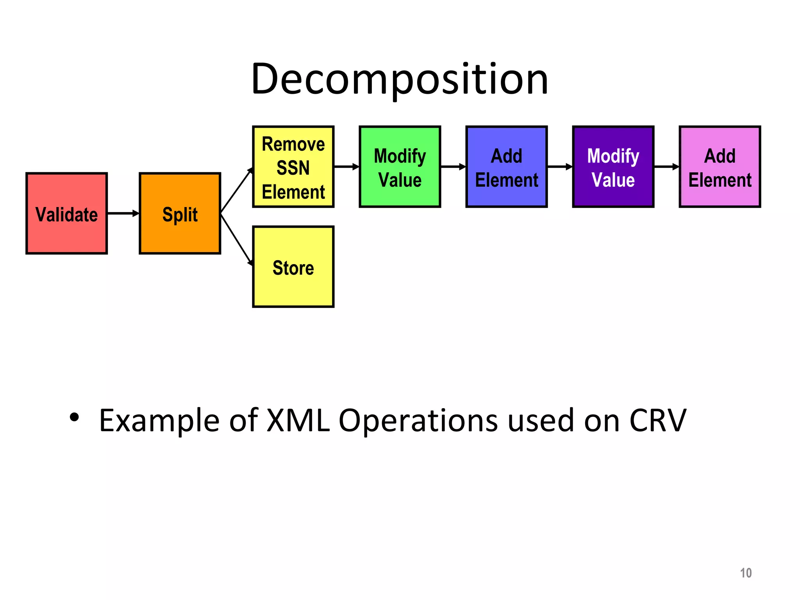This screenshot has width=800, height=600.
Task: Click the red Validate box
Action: (66, 213)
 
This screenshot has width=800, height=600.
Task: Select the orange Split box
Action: (180, 213)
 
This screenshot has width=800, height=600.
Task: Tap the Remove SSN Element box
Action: (293, 167)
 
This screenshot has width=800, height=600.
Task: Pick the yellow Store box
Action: (293, 267)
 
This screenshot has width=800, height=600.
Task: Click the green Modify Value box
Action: (400, 167)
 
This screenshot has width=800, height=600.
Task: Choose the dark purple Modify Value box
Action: (613, 167)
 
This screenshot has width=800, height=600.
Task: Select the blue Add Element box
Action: (506, 167)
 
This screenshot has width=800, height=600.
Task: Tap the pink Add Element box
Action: (720, 167)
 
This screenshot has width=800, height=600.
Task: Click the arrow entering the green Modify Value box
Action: (346, 167)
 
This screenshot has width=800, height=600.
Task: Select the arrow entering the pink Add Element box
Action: (666, 167)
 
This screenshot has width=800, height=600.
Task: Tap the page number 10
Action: (746, 573)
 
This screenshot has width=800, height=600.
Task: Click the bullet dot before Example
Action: (74, 417)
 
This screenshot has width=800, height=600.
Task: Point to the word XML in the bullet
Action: (298, 421)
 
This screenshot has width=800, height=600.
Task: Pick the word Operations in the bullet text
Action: (418, 421)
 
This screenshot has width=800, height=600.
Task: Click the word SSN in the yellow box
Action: (293, 168)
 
